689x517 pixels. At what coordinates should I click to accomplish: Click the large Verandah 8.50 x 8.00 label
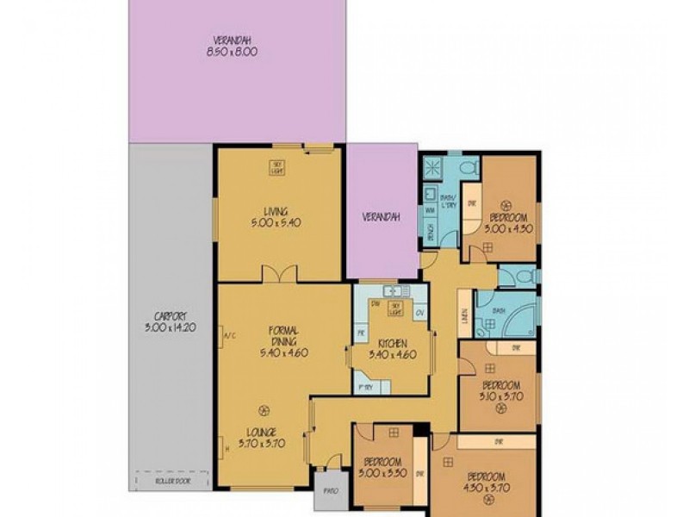(233, 46)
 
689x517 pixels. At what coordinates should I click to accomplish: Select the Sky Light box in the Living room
(278, 166)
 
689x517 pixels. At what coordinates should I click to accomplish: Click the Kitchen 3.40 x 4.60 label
(387, 349)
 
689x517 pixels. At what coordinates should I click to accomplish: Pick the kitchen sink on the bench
(397, 291)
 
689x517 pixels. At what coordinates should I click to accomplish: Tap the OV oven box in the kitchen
(419, 313)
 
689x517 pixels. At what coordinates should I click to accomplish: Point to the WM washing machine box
(429, 209)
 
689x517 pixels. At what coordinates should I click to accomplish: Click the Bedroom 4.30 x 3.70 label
(485, 483)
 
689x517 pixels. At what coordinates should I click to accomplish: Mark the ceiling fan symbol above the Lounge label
(263, 409)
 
